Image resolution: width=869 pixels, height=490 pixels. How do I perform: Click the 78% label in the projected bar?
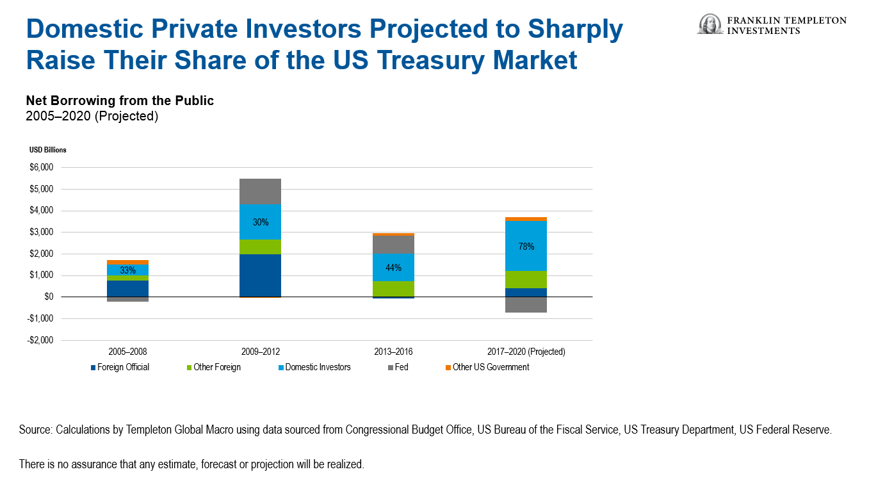tap(526, 247)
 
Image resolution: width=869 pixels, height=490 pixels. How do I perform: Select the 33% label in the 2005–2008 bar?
tap(128, 270)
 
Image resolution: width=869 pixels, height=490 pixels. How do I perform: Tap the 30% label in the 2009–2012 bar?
tap(261, 222)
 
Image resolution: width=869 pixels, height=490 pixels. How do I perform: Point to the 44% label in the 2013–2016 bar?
tap(393, 268)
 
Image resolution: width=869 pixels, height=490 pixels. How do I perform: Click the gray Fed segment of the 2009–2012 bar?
tap(261, 192)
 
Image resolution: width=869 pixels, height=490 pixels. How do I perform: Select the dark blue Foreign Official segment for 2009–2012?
tap(261, 275)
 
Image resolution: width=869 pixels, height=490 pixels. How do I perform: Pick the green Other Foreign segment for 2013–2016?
tap(393, 289)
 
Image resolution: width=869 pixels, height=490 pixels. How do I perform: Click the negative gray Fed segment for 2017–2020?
tap(526, 305)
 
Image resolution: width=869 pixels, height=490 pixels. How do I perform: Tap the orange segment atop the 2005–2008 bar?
tap(128, 262)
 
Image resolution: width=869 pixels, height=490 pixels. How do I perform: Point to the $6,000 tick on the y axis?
tap(40, 168)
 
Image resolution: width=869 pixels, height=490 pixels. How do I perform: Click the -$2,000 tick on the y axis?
tap(40, 340)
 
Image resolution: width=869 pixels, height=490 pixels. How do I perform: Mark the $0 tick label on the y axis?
tap(49, 297)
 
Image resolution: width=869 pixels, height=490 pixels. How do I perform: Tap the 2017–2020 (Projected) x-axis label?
tap(526, 352)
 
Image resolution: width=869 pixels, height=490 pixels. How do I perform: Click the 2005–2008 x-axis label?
tap(128, 352)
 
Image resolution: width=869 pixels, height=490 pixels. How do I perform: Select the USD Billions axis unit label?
tap(47, 150)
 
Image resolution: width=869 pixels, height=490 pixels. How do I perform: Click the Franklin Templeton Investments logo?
tap(772, 25)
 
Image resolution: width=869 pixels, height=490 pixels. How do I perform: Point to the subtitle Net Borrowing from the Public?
tap(120, 101)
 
